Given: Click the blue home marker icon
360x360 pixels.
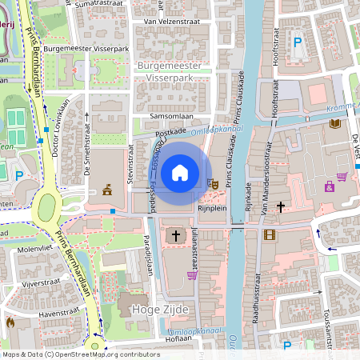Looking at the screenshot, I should click(180, 173).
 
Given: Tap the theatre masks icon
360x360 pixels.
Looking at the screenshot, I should click(214, 183).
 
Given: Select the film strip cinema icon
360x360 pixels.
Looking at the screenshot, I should click(269, 234).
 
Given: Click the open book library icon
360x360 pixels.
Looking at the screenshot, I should click(334, 124).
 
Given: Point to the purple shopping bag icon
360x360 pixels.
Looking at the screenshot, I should click(329, 186).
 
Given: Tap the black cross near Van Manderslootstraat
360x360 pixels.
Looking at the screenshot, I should click(280, 206).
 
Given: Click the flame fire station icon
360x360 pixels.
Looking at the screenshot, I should click(10, 322).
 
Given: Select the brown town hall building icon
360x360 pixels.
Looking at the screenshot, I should click(106, 189).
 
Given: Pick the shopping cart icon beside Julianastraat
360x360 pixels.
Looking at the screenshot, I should click(192, 275).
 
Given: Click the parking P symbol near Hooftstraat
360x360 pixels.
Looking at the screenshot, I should click(298, 42).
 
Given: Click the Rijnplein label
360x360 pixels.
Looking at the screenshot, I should click(212, 208).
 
